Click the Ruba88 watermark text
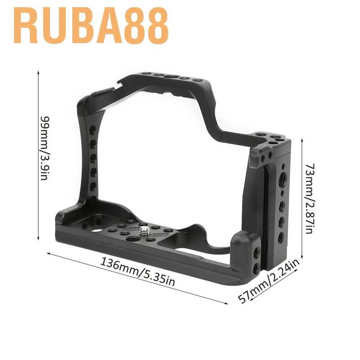[x=91, y=26]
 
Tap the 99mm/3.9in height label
[x=45, y=148]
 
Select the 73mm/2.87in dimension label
[x=309, y=198]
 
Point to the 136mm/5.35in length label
[x=138, y=272]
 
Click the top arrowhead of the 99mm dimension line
[x=38, y=72]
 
